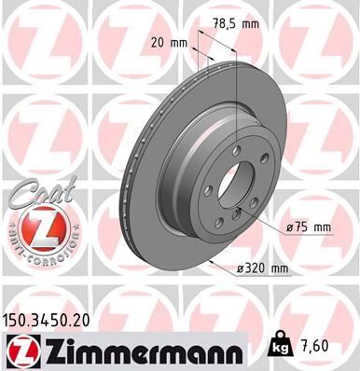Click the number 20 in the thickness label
[x=156, y=43]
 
